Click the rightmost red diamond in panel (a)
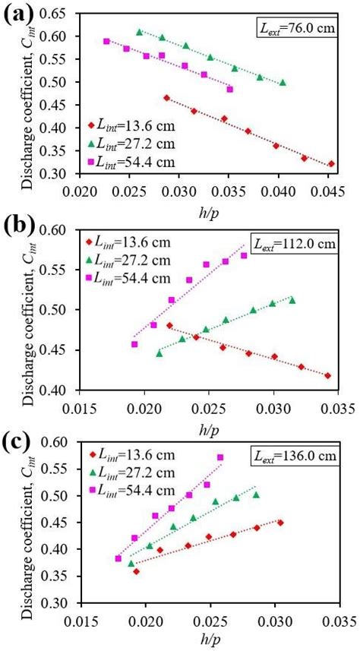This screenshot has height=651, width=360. coord(330,163)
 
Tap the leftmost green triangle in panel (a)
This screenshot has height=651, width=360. coord(139,32)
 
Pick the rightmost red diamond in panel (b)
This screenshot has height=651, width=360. coord(327,375)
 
